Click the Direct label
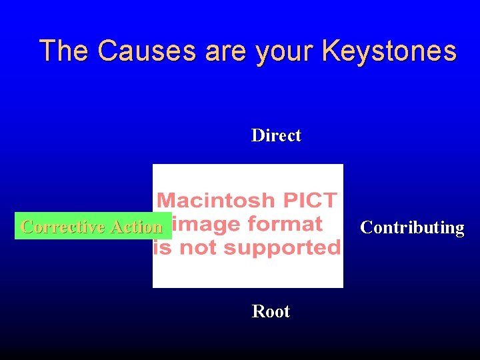coord(276,135)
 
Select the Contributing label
coord(412,227)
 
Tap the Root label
coord(271,311)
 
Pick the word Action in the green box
coord(136,227)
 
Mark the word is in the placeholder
coord(161,248)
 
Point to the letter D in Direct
coord(257,135)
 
